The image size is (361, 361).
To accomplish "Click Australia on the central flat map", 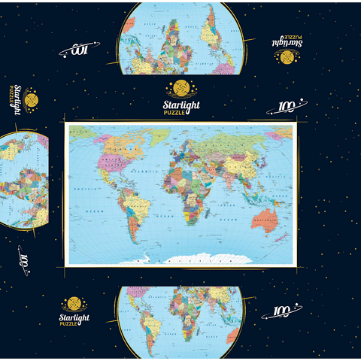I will click(265, 219).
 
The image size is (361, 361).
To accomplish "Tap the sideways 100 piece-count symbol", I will click(27, 264).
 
